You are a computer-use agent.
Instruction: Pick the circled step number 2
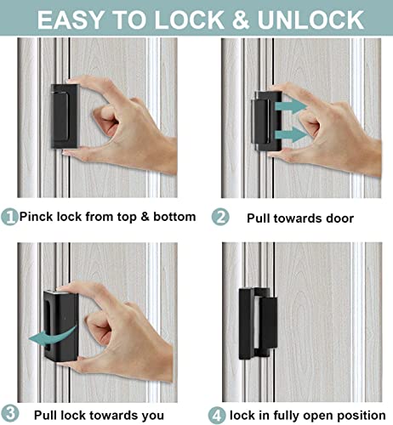tap(221, 217)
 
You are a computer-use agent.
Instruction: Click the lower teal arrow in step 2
tap(289, 135)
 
